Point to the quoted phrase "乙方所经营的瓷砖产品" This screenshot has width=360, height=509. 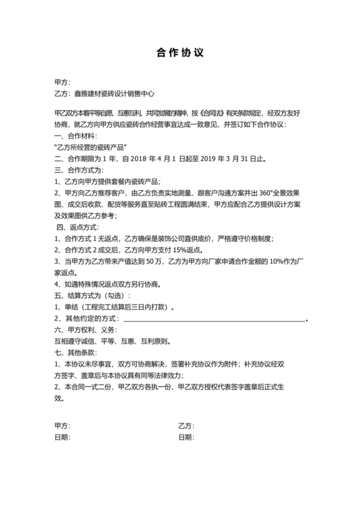pyautogui.click(x=93, y=147)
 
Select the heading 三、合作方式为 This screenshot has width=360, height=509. pyautogui.click(x=79, y=170)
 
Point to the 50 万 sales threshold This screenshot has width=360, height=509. pyautogui.click(x=154, y=262)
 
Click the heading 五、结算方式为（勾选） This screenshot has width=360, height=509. pyautogui.click(x=93, y=295)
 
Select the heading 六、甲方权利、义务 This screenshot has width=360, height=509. pyautogui.click(x=87, y=330)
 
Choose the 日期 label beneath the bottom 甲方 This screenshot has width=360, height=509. pyautogui.click(x=63, y=437)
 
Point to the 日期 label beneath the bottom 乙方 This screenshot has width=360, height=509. pyautogui.click(x=186, y=437)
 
